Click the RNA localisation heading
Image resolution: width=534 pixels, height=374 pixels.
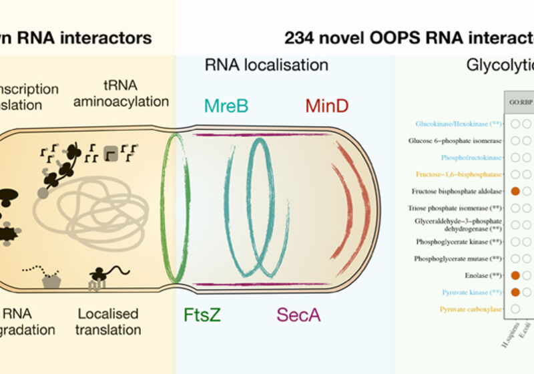pyautogui.click(x=266, y=65)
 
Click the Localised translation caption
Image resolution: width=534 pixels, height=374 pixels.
pyautogui.click(x=108, y=321)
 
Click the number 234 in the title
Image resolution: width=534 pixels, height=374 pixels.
pyautogui.click(x=301, y=38)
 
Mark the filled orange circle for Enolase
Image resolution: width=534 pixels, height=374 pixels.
pyautogui.click(x=515, y=275)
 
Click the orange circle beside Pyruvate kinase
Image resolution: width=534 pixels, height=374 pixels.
pyautogui.click(x=515, y=292)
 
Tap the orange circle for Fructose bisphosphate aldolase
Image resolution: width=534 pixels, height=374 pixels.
pyautogui.click(x=515, y=191)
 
